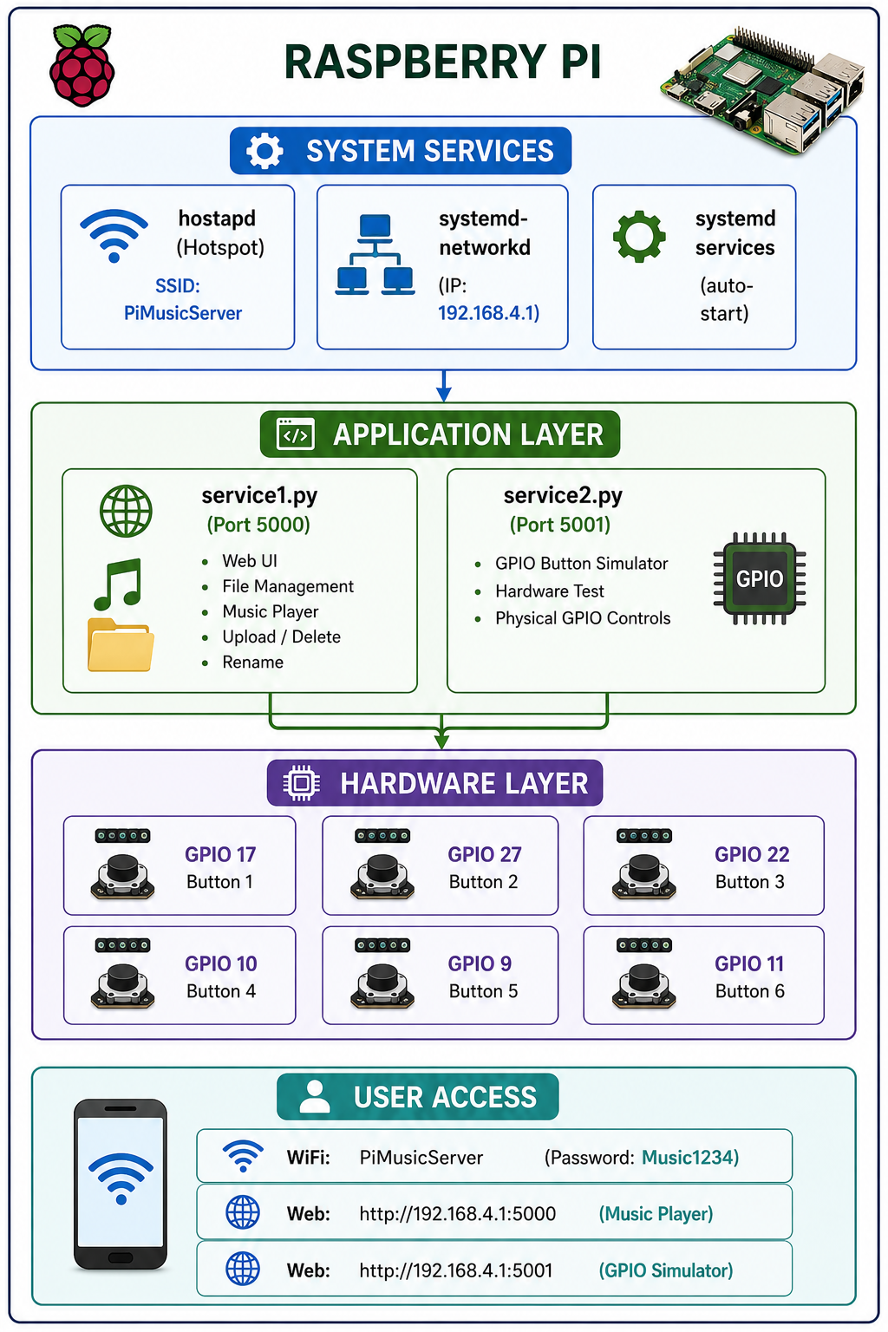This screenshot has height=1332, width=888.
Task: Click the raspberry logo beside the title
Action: pos(82,65)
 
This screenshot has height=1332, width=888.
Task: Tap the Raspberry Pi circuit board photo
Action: pos(762,90)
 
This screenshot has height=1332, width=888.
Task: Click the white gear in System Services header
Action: pos(264,151)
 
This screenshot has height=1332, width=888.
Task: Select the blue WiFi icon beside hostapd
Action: pos(114,236)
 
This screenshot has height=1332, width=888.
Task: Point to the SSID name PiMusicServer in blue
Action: pos(183,313)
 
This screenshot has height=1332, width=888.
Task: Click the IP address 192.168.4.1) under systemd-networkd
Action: pos(488,313)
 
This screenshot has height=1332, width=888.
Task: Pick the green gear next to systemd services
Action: pos(639,236)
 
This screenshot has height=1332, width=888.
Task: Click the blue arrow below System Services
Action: pos(444,386)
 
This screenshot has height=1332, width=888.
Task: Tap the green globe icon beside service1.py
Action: pos(126,511)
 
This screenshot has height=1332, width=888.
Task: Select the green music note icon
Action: pos(118,584)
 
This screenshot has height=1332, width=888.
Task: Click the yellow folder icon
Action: pos(121,645)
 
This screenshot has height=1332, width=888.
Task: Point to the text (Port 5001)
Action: pos(559,525)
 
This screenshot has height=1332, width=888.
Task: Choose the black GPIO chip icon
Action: pos(760,578)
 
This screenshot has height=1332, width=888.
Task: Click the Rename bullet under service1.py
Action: pos(252,662)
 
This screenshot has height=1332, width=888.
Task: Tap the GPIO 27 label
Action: pos(484,854)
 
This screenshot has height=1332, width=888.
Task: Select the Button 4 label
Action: pos(220,990)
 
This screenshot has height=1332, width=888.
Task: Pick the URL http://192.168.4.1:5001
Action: pos(456,1270)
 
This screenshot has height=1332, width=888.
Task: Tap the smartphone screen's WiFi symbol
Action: pos(121,1179)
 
